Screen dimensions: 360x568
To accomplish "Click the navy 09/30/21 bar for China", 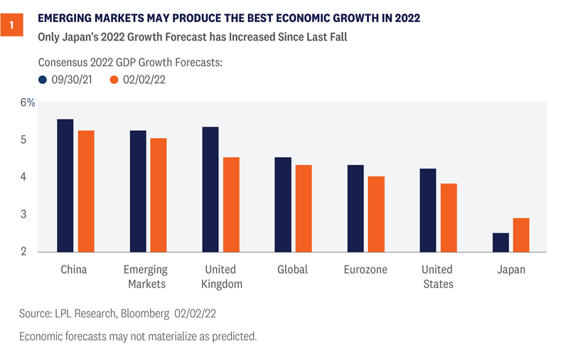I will tap(65, 186).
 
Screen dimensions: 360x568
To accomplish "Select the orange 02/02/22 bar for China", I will tap(86, 191).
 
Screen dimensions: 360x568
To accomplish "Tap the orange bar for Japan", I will tap(521, 235).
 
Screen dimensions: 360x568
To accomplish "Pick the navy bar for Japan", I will tap(500, 243).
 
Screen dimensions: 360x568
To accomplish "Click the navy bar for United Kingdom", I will tap(210, 189).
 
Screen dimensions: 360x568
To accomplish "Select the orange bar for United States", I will tap(449, 218).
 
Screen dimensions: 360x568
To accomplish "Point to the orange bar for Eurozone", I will tap(376, 214).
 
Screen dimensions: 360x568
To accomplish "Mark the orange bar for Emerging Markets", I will tap(159, 195).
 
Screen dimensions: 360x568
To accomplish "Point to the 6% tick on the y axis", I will tap(28, 102).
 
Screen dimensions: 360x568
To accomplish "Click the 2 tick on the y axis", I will tap(24, 252).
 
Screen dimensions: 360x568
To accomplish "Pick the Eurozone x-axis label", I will tap(365, 270).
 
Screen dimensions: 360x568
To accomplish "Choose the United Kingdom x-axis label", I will tap(221, 277).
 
